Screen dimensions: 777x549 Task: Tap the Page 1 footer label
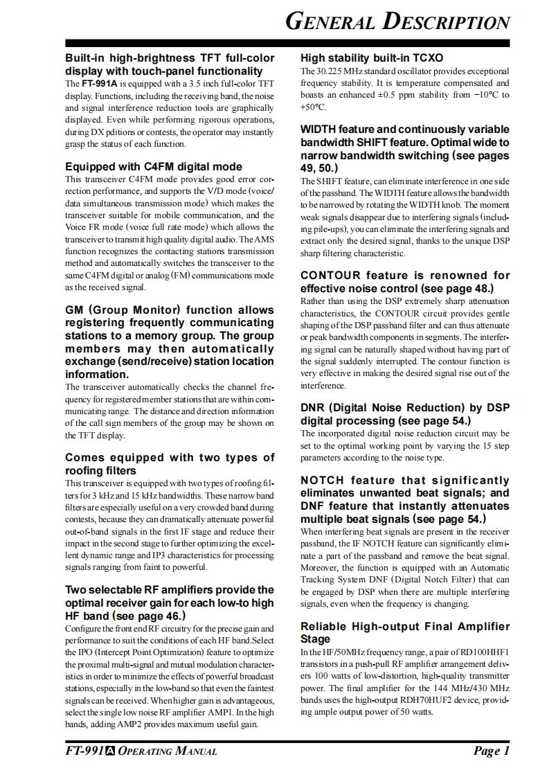492,751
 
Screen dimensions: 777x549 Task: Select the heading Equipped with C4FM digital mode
154,166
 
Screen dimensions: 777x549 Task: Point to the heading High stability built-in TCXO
372,57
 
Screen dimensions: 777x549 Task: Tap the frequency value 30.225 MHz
338,71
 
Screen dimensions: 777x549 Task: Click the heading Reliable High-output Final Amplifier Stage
404,632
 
